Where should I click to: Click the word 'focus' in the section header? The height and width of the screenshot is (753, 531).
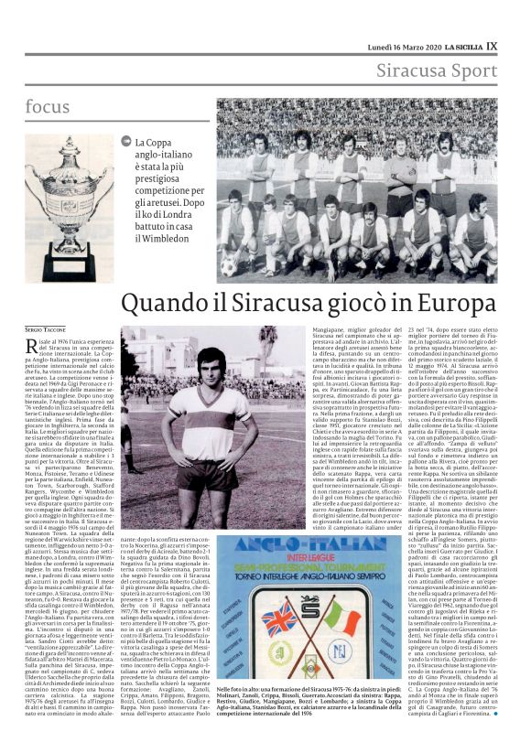coord(47,106)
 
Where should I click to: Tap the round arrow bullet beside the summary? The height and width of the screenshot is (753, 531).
coord(125,141)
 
